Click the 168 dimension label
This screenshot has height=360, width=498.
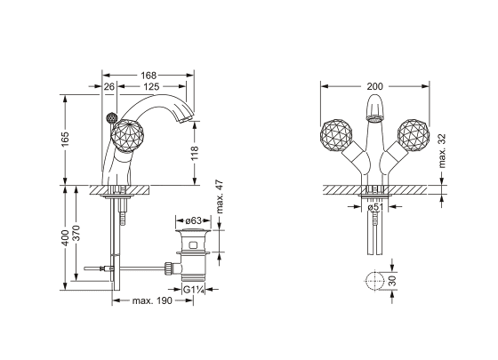(x=149, y=76)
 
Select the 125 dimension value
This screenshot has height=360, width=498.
(x=151, y=87)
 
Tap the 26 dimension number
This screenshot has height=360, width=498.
(x=108, y=87)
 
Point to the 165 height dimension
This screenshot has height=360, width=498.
(x=65, y=139)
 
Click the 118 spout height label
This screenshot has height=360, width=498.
(x=195, y=153)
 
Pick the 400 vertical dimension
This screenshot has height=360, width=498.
(x=65, y=237)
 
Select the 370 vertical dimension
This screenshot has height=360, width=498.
(x=76, y=233)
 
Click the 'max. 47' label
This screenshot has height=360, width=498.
(x=220, y=196)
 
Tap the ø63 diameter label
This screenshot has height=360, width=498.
(x=194, y=220)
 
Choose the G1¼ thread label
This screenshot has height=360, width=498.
(x=193, y=289)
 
